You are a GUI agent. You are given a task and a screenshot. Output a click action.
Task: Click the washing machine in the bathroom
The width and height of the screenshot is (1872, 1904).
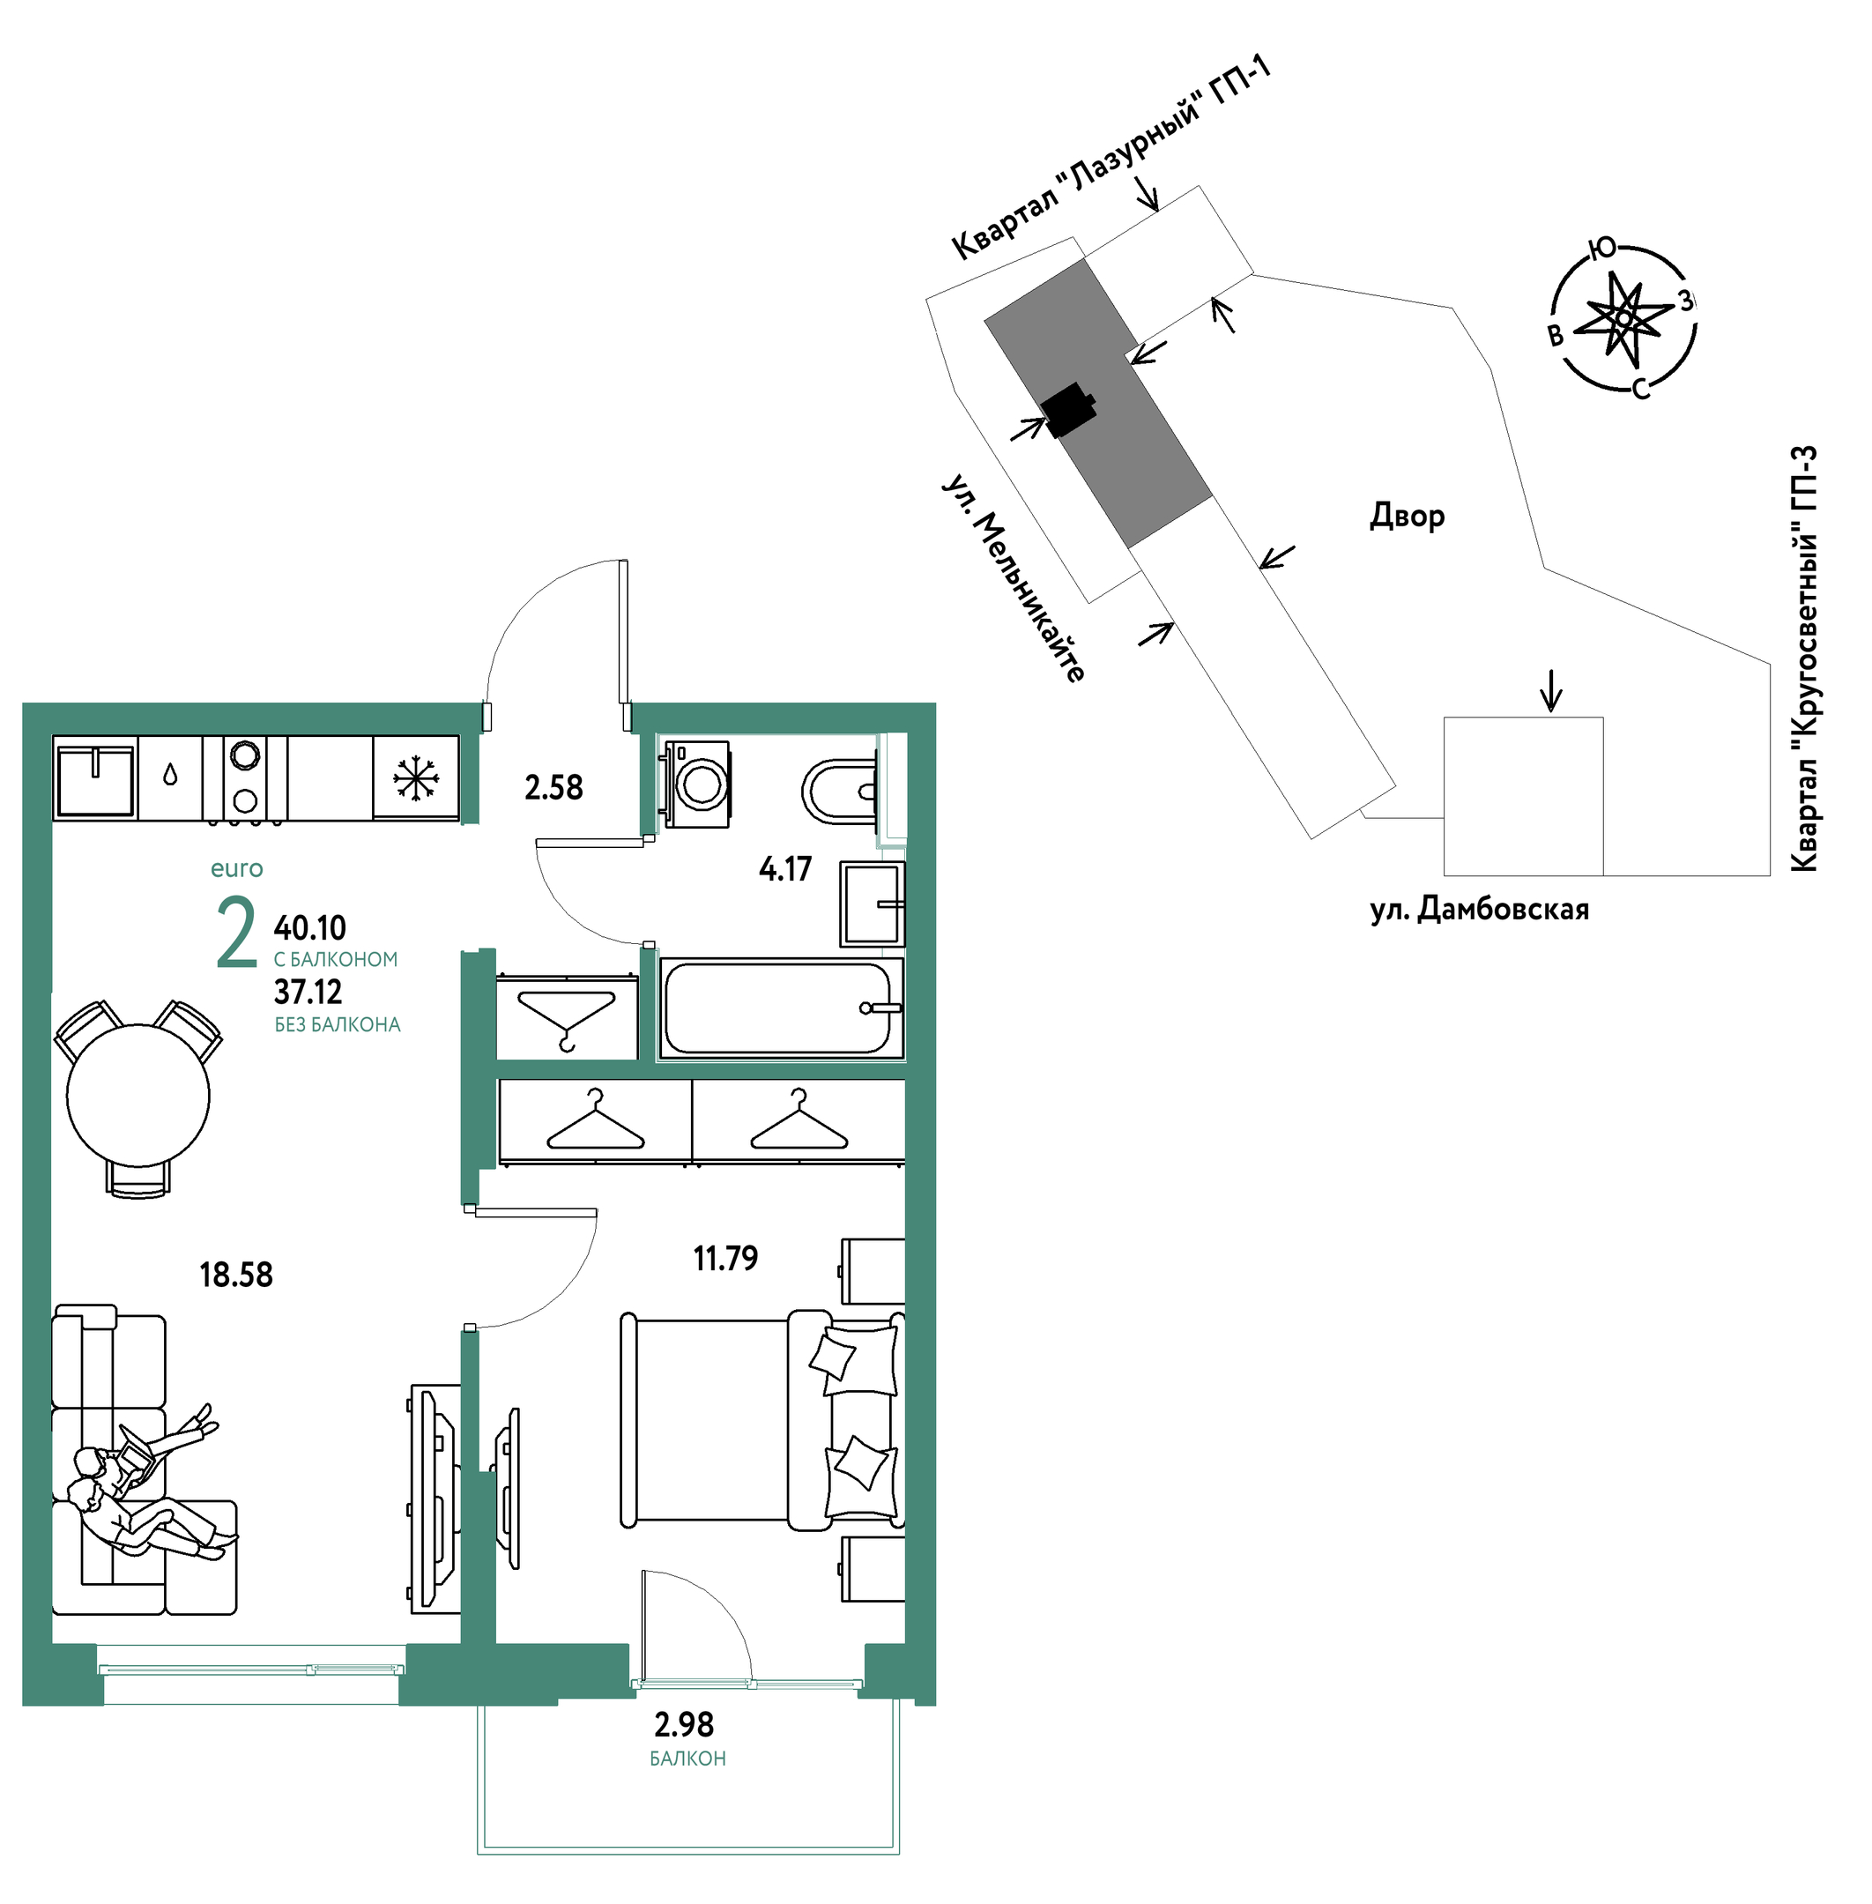697,784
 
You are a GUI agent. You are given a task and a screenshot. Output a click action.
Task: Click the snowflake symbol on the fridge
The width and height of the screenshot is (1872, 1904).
416,778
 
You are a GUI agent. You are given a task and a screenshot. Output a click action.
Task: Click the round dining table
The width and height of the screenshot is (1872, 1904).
137,1095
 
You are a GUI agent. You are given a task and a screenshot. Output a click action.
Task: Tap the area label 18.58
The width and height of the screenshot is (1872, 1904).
236,1275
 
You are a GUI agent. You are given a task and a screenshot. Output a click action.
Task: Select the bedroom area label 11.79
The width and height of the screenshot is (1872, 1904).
725,1258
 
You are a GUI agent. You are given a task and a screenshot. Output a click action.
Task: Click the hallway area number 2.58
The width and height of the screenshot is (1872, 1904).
553,788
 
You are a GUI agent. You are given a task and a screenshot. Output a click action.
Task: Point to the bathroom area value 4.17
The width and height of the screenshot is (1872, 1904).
784,868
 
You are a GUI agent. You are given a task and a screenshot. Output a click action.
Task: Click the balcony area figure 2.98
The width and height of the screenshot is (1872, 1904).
684,1724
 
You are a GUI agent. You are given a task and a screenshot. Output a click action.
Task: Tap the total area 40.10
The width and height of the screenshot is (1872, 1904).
309,927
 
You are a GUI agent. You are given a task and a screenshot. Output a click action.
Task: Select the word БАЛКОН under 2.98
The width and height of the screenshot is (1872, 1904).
687,1759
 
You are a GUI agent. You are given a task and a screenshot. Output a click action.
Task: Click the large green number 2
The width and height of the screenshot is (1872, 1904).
236,933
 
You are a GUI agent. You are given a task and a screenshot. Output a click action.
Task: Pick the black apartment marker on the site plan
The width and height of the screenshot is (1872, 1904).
1069,409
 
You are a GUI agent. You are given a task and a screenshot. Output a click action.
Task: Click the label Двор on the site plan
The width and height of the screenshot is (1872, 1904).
1407,516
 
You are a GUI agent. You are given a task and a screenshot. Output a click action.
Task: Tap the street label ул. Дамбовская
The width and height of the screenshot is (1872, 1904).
1480,910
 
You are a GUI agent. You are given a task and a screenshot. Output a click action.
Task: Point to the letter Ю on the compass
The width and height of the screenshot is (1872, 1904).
1602,249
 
